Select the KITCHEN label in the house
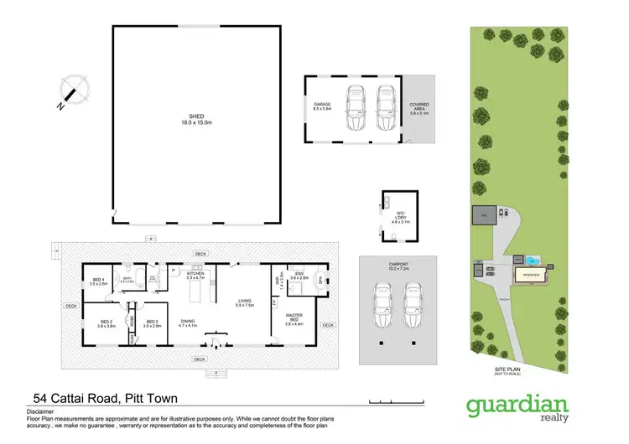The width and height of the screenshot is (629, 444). [x=195, y=275]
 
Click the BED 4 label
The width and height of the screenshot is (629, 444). [x=98, y=281]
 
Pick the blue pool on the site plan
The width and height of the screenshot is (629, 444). [x=534, y=260]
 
